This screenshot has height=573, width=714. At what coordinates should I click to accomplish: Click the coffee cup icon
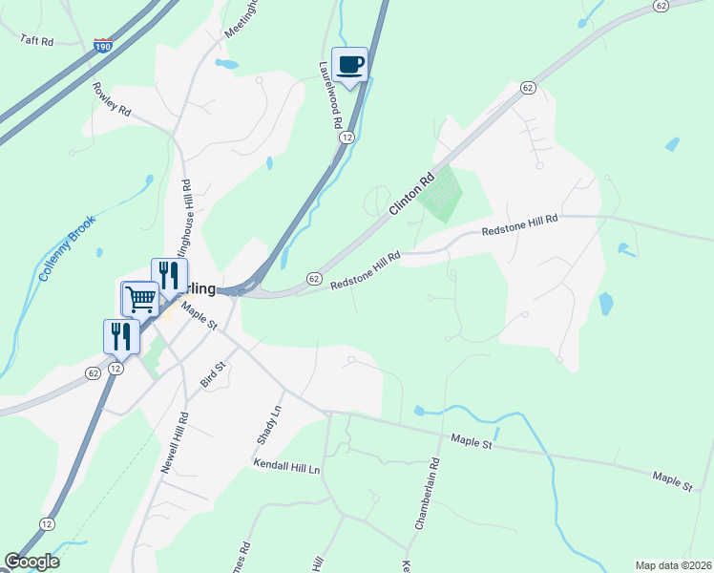pyautogui.click(x=348, y=65)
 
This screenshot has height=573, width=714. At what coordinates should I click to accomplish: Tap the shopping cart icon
pyautogui.click(x=139, y=299)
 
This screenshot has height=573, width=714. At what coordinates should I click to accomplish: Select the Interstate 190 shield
pyautogui.click(x=103, y=45)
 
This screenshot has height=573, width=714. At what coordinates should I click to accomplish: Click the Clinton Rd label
pyautogui.click(x=411, y=193)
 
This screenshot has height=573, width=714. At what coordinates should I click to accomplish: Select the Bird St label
pyautogui.click(x=211, y=373)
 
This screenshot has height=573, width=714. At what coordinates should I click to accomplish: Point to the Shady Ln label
pyautogui.click(x=270, y=422)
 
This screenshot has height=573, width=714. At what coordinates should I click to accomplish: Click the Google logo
pyautogui.click(x=31, y=562)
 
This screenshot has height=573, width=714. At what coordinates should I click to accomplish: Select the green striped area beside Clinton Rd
pyautogui.click(x=440, y=195)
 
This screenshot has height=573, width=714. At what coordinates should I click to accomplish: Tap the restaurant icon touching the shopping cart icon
pyautogui.click(x=169, y=276)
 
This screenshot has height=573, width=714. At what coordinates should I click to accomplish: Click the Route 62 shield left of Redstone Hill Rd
pyautogui.click(x=313, y=278)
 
